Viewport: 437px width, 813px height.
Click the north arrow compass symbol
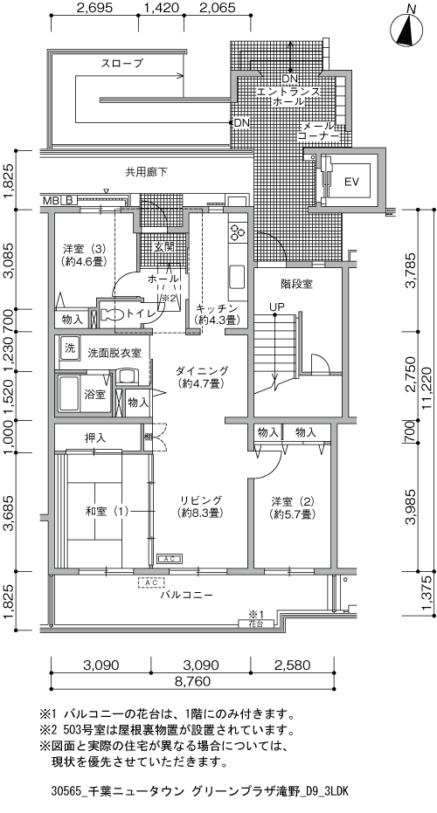406,28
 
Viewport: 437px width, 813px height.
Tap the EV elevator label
352,182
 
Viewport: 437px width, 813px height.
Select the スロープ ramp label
121,64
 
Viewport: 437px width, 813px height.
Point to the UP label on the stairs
276,307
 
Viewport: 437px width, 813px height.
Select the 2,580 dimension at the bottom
292,665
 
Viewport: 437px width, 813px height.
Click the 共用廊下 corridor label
146,172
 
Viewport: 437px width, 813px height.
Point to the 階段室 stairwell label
297,284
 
